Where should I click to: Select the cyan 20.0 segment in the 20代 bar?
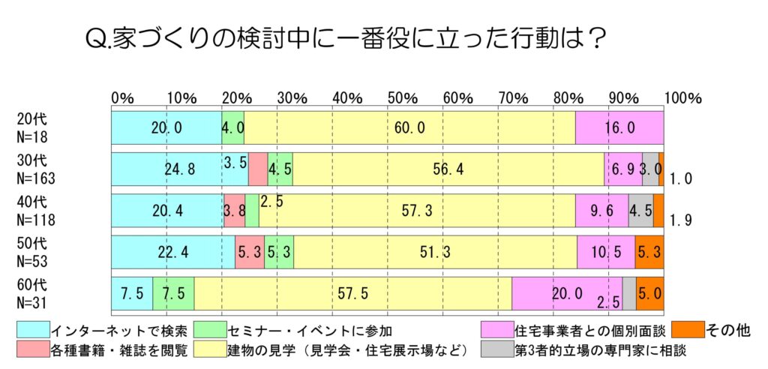166,127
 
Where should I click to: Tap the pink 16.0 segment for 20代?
619,127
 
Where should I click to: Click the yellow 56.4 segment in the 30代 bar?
448,169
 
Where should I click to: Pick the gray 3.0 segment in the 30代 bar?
650,169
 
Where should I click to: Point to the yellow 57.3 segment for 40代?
417,211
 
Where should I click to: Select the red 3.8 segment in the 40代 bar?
235,211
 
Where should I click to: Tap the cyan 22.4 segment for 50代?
173,253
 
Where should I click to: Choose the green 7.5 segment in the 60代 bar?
173,294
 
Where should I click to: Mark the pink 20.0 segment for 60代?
567,294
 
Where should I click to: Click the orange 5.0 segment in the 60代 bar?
649,294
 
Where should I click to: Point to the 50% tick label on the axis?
399,98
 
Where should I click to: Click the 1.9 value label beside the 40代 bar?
679,220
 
